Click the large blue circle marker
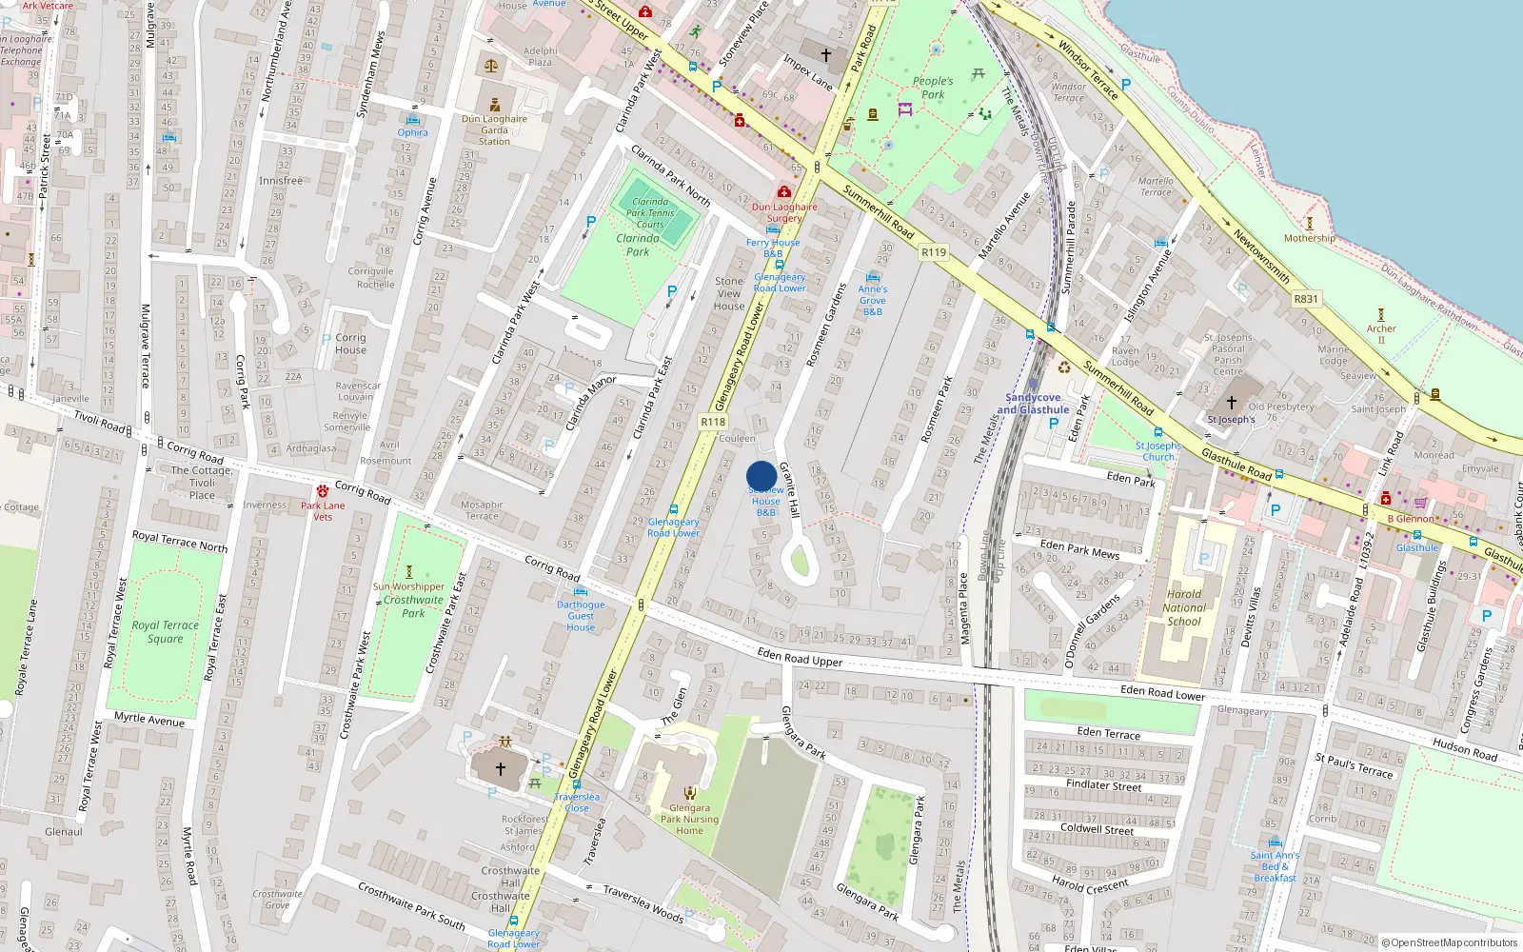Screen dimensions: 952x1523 (761, 476)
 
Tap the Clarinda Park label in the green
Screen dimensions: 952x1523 (638, 245)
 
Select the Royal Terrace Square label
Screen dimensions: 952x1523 (165, 632)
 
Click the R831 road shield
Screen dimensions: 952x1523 (1306, 299)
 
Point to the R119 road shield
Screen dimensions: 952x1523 (934, 252)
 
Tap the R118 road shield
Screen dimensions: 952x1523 (713, 422)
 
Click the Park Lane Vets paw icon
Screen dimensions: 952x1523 (323, 491)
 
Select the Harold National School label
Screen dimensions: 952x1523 (1184, 607)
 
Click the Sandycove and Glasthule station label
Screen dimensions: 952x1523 (1033, 404)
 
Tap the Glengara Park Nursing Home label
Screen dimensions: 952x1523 (689, 819)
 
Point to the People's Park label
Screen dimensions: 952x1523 (933, 88)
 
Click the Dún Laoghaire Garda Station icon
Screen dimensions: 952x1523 (494, 105)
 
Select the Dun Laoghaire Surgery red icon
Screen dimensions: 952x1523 (784, 192)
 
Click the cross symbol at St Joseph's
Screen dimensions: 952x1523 (1231, 402)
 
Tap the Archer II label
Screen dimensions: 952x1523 (1381, 334)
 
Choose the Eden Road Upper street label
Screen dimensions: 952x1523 (800, 656)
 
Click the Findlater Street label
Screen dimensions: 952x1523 (1103, 785)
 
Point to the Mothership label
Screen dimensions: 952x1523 (1309, 238)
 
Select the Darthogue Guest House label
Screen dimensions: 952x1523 (581, 616)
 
